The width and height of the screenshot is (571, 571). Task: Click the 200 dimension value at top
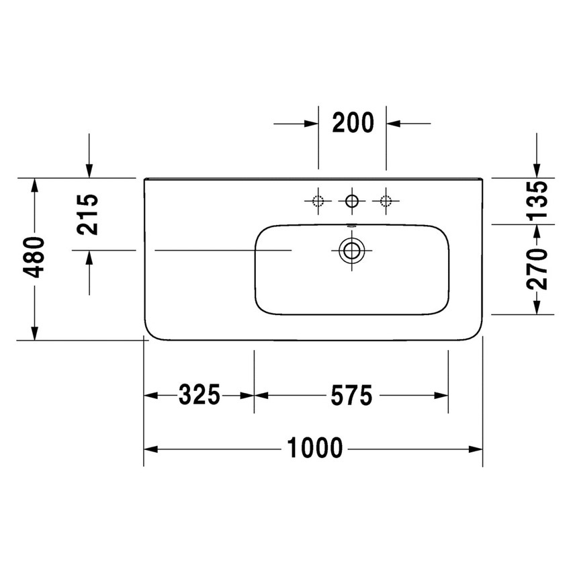(x=352, y=123)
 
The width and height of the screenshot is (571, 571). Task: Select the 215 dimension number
(x=88, y=214)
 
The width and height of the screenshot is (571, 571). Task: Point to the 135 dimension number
(x=537, y=200)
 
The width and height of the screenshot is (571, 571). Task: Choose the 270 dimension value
(x=537, y=269)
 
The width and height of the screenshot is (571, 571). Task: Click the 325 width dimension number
(x=200, y=395)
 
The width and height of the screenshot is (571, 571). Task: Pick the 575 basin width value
(x=351, y=395)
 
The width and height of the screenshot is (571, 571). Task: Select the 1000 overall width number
(x=314, y=447)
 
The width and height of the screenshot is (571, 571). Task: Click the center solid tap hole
(x=351, y=200)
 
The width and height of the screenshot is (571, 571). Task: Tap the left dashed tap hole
(x=318, y=200)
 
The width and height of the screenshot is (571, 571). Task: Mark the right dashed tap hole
(x=386, y=200)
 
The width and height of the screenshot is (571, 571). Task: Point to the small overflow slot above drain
(x=351, y=225)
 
